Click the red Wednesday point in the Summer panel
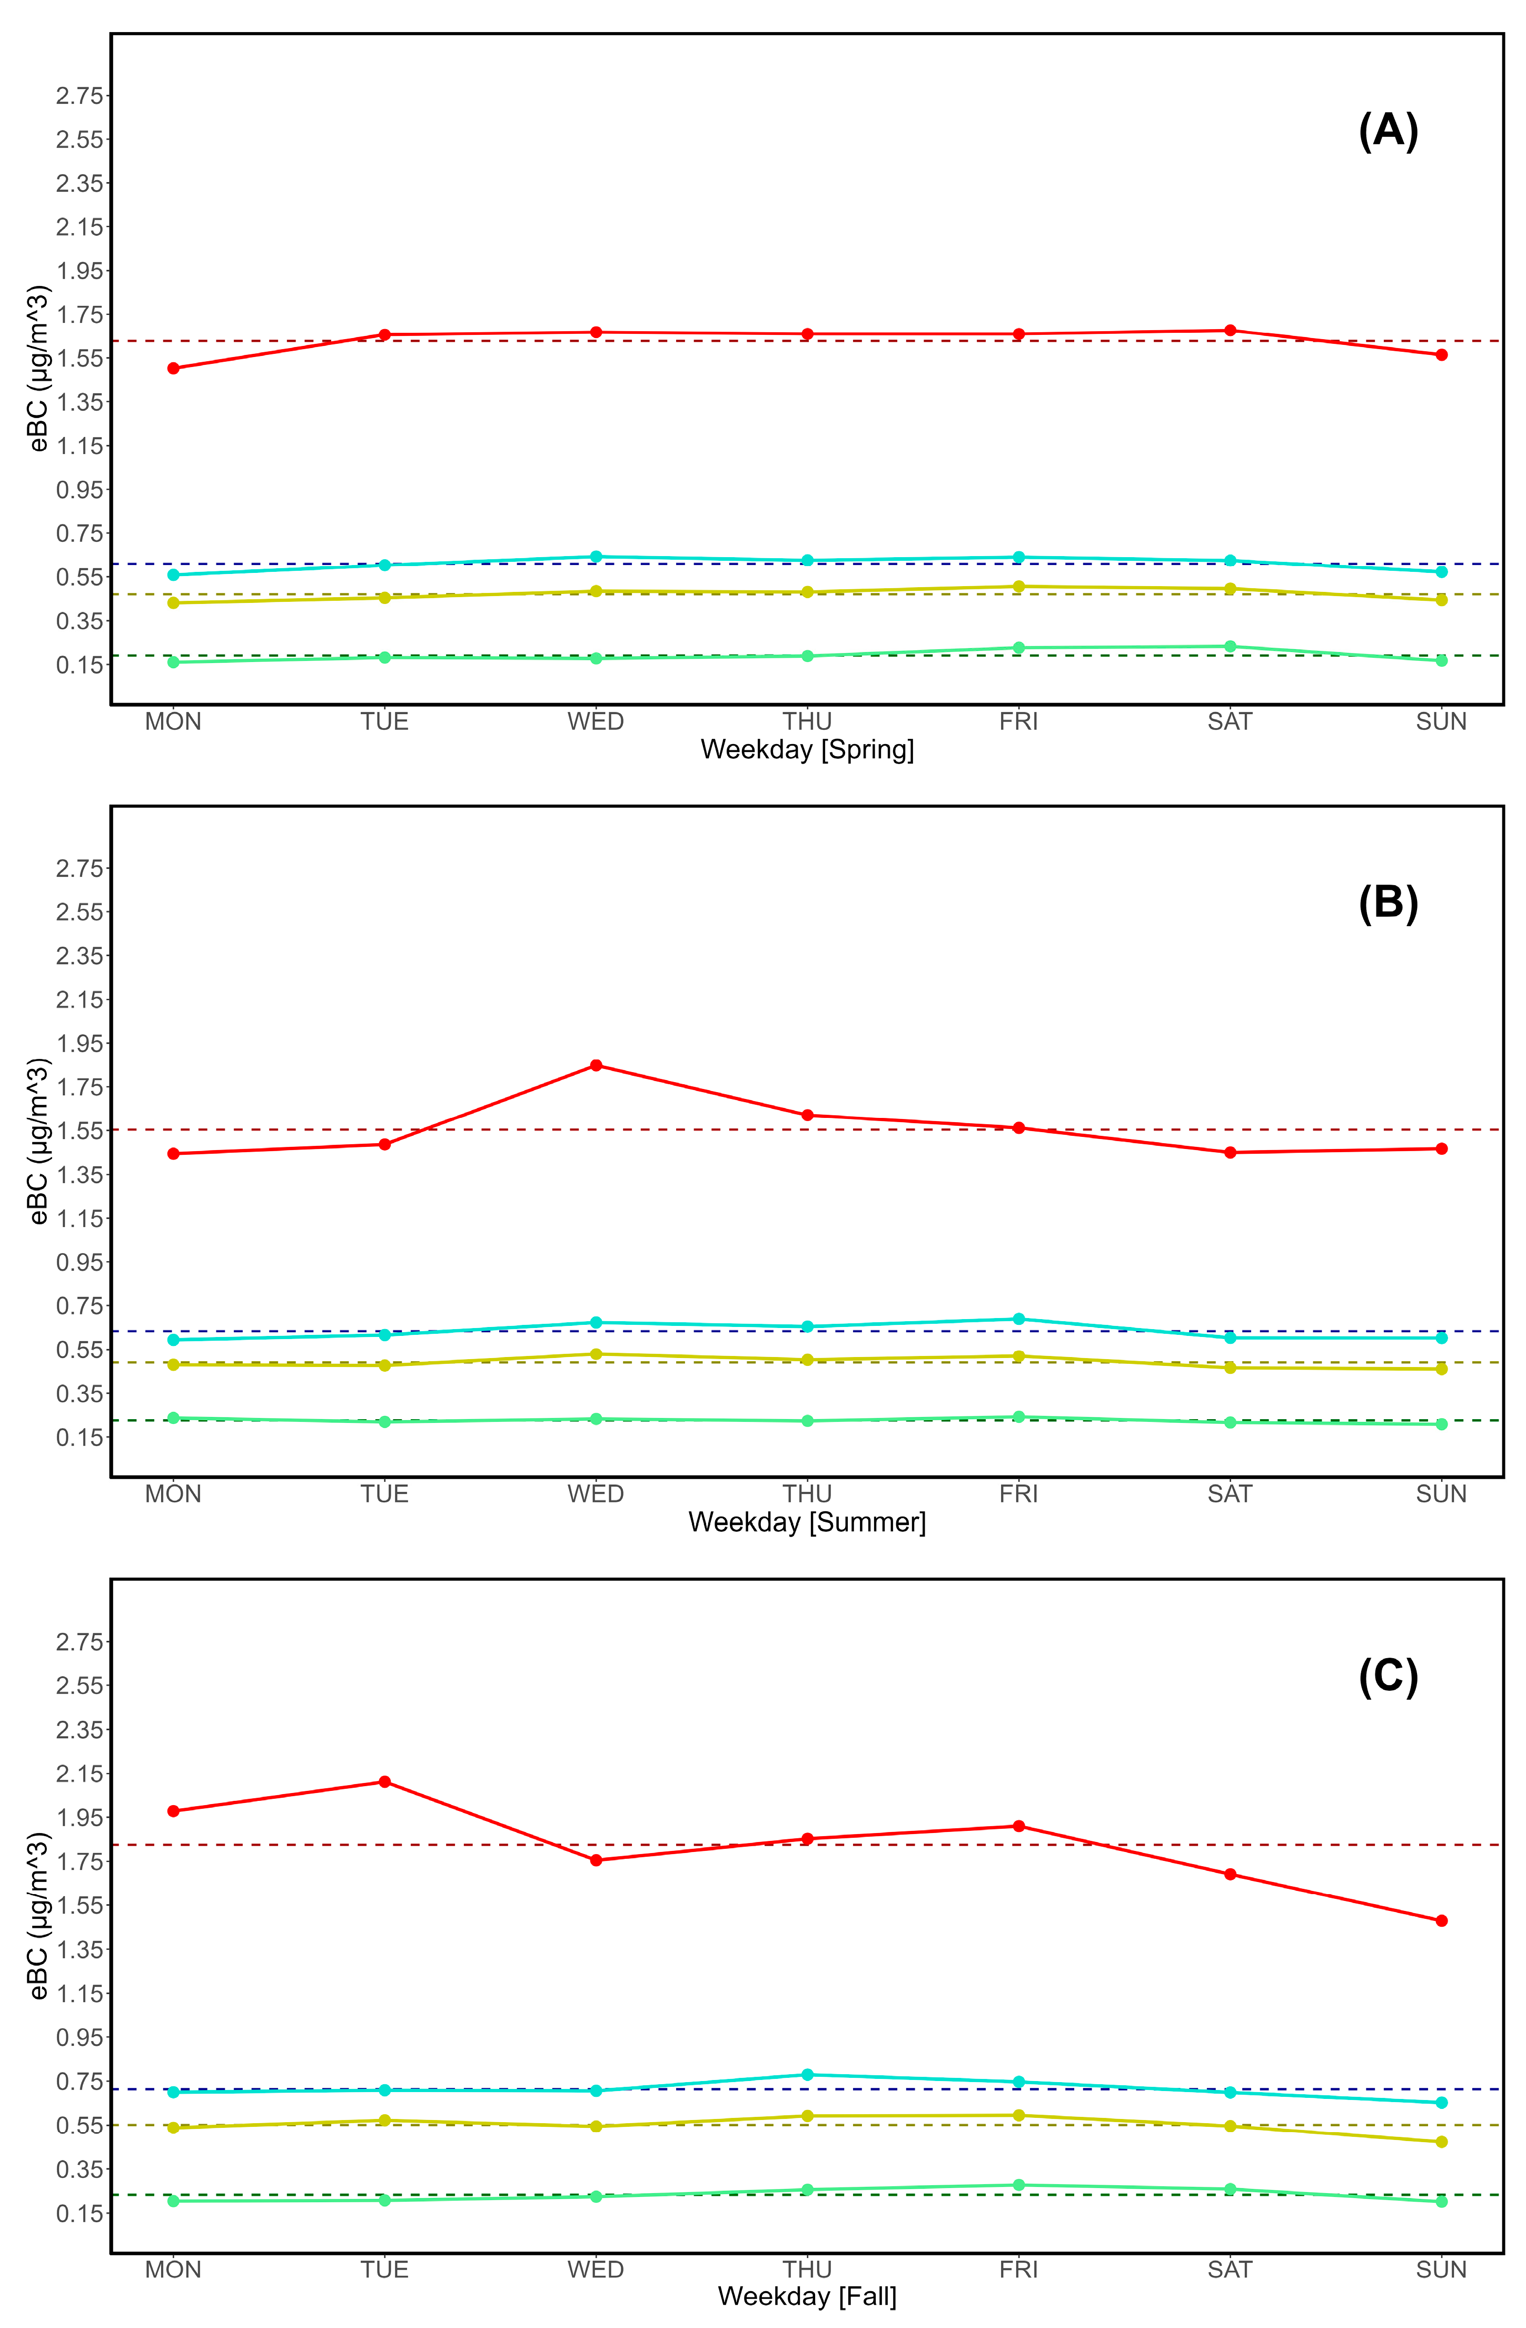click(x=596, y=1065)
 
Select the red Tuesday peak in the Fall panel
click(x=384, y=1782)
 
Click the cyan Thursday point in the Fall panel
click(x=807, y=2075)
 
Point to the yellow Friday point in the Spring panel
click(x=1018, y=587)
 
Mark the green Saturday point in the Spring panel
click(x=1230, y=647)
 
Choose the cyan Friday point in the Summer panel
click(x=1018, y=1319)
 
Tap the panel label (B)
click(x=1388, y=903)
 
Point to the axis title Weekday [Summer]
click(x=807, y=1522)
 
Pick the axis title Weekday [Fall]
click(x=807, y=2296)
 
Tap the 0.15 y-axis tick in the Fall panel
click(x=79, y=2213)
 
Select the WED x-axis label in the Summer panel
click(x=596, y=1493)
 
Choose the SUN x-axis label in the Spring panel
click(x=1441, y=722)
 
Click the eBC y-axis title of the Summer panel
click(x=38, y=1141)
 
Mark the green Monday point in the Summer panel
click(x=173, y=1418)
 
